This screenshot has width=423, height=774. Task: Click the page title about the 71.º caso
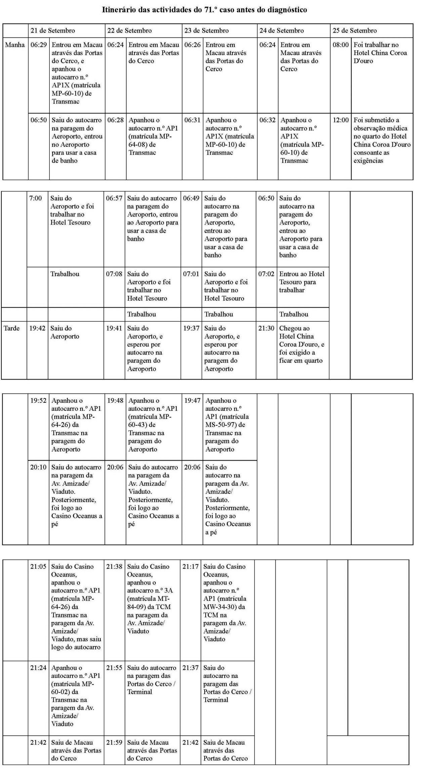(204, 10)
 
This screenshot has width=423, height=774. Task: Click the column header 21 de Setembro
(53, 31)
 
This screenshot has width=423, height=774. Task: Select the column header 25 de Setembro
(355, 31)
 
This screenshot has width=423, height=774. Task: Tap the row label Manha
(15, 45)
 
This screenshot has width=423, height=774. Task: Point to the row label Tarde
(12, 328)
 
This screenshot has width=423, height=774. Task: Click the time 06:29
(39, 45)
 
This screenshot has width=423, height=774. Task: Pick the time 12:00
(341, 120)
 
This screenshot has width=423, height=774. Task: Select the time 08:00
(341, 45)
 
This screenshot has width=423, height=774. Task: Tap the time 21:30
(266, 328)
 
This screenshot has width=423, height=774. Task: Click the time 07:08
(114, 274)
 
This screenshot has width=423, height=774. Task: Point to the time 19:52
(38, 400)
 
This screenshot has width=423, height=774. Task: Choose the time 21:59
(114, 742)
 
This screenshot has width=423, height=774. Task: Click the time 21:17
(191, 566)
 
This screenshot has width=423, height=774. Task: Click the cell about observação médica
(382, 140)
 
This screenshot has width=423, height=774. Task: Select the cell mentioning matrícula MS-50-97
(227, 425)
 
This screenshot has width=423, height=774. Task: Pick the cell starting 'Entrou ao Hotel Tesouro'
(302, 282)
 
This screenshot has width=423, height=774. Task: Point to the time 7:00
(36, 198)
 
